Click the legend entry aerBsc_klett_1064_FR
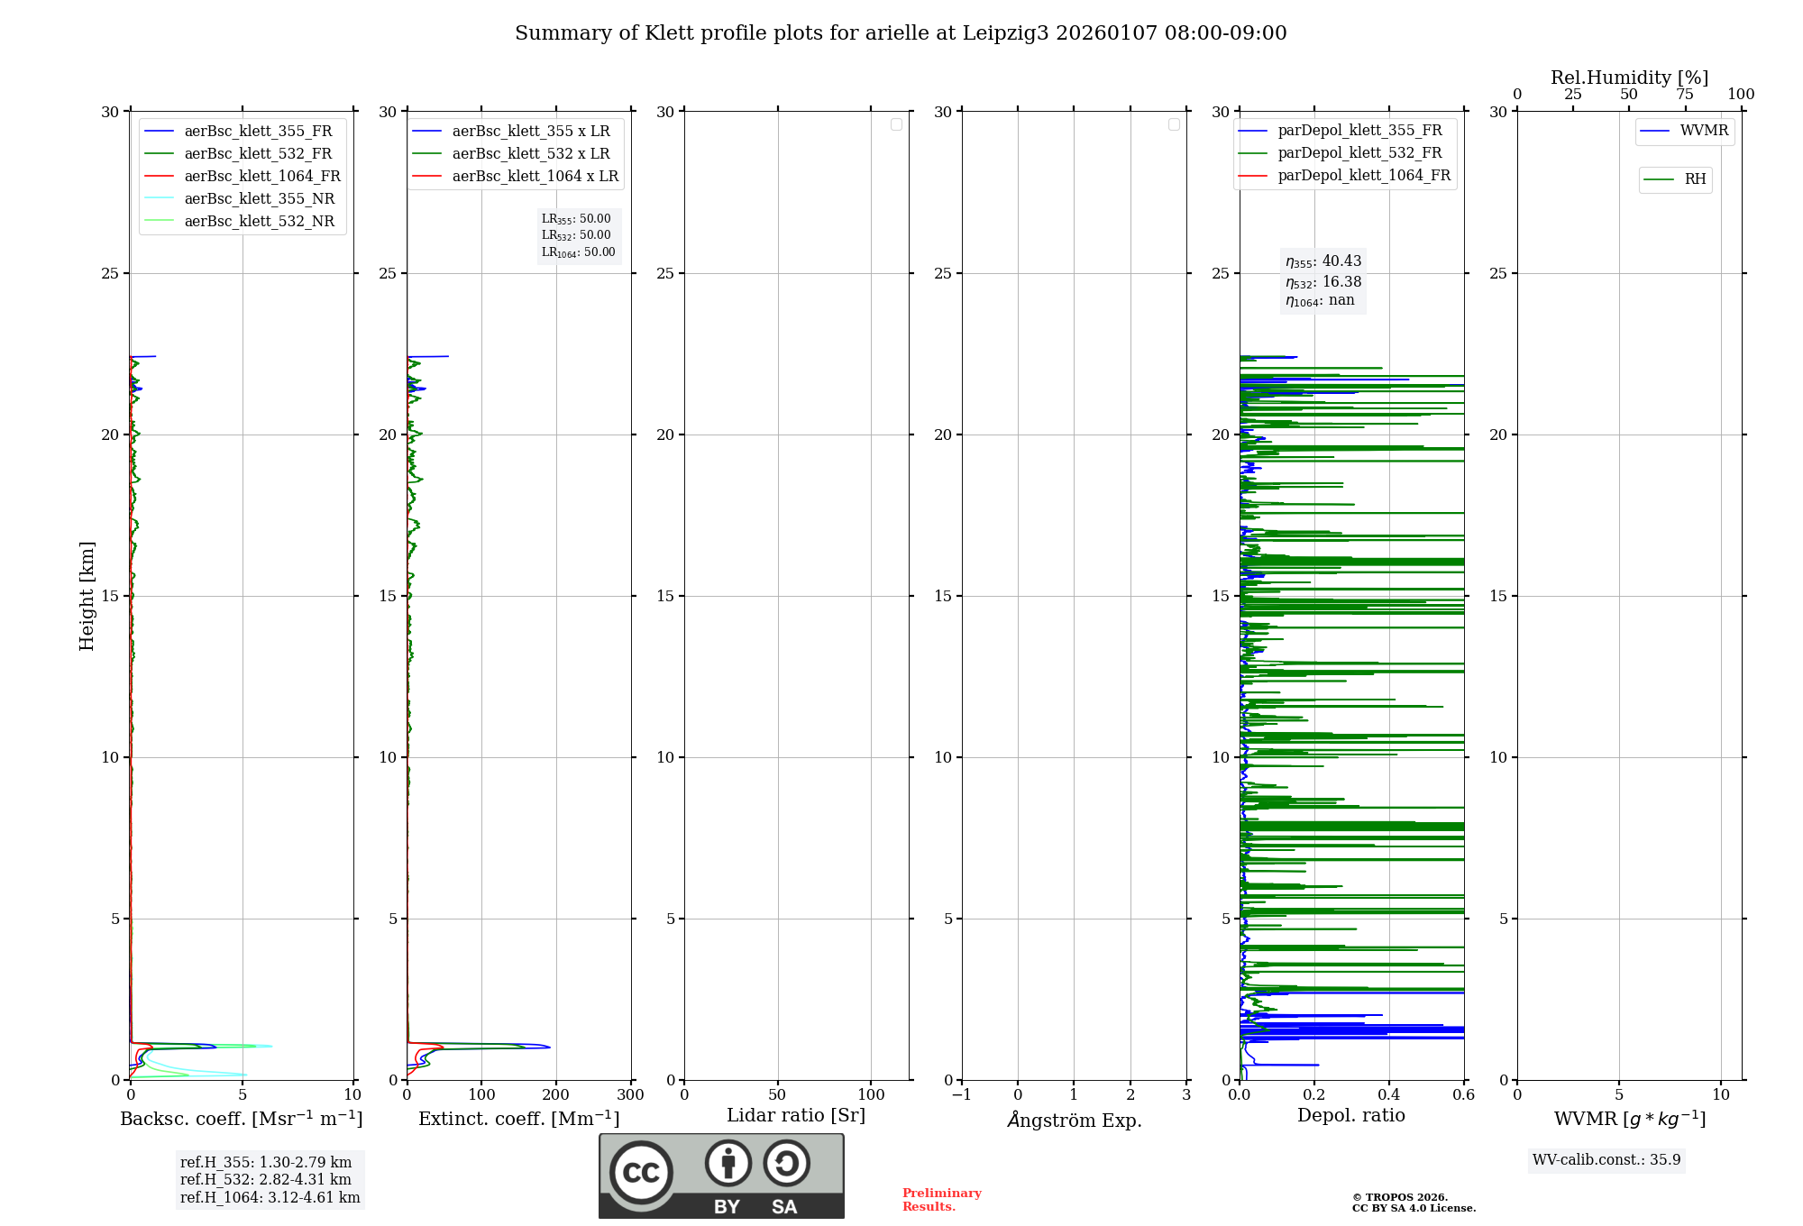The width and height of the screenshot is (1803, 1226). click(262, 176)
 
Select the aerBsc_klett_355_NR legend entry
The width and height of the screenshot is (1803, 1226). click(259, 198)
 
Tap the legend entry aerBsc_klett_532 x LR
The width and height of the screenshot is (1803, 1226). click(530, 153)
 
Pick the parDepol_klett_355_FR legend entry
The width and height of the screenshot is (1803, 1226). click(1359, 131)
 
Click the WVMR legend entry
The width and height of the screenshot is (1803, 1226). click(1704, 131)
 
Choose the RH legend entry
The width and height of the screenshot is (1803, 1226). click(1695, 179)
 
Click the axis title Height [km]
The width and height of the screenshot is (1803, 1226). click(87, 596)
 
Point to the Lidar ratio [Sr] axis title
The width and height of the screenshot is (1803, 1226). click(796, 1116)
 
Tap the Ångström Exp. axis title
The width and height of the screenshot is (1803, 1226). click(1075, 1120)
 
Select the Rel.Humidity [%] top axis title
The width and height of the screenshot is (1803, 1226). click(1629, 78)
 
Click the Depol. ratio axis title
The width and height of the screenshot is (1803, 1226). click(1350, 1116)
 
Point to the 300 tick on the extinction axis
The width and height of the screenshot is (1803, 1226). click(631, 1095)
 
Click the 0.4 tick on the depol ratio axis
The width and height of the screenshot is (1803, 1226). click(1388, 1095)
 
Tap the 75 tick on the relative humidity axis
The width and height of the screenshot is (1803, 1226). click(1684, 95)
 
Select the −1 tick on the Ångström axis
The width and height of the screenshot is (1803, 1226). click(961, 1095)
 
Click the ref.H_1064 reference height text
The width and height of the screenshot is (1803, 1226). click(270, 1198)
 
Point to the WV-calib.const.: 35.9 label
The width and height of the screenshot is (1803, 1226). click(1606, 1160)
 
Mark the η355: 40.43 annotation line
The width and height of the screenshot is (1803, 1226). click(1323, 261)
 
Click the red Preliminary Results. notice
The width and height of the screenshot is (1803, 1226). click(941, 1200)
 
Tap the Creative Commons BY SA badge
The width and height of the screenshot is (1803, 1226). click(721, 1176)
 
